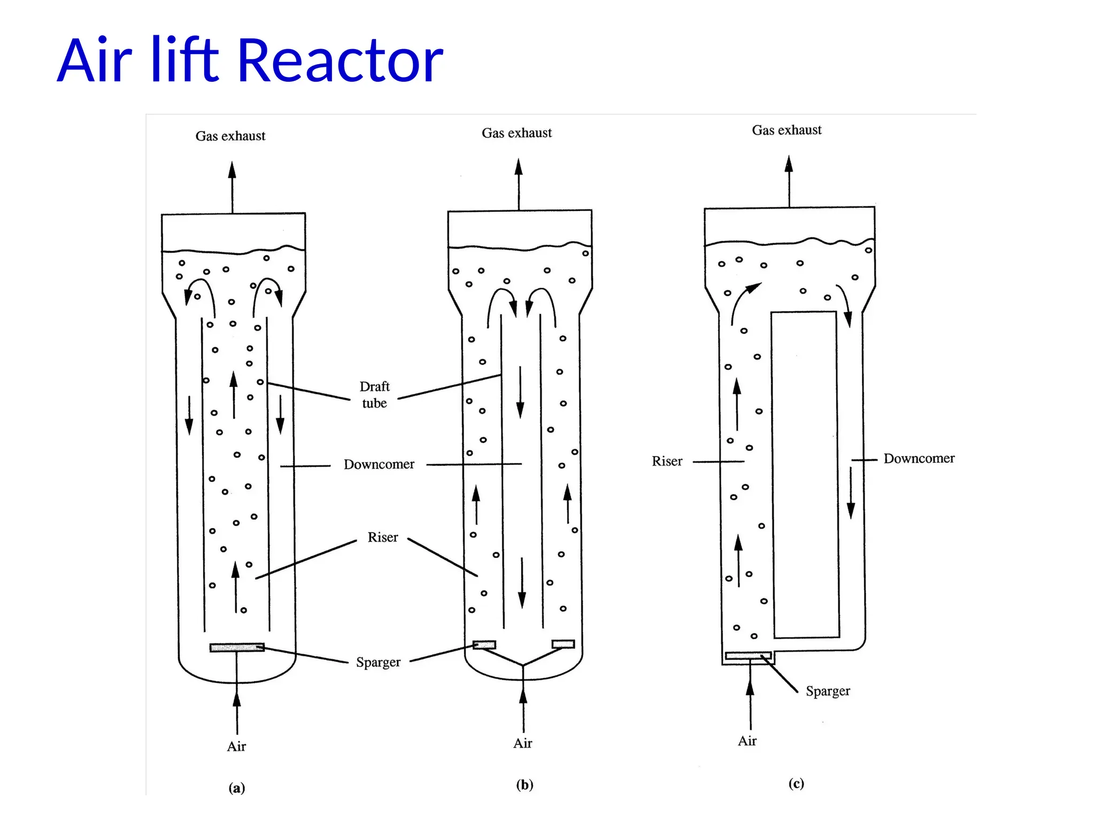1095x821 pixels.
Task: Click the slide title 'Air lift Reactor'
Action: click(x=250, y=60)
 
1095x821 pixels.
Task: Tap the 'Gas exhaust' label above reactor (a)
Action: click(x=230, y=136)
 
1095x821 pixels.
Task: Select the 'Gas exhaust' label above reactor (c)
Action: click(x=786, y=130)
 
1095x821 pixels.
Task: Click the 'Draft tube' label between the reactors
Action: click(x=374, y=394)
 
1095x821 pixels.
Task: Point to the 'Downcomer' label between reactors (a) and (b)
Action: click(x=379, y=464)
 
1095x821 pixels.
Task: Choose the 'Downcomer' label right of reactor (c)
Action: click(x=919, y=459)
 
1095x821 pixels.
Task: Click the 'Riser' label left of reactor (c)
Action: click(x=667, y=461)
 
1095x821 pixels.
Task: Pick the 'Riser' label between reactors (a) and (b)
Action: click(x=383, y=537)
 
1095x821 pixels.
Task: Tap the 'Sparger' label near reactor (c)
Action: click(x=828, y=691)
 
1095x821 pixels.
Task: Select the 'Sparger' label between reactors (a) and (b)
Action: click(x=378, y=662)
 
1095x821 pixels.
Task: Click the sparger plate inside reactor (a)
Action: click(x=237, y=648)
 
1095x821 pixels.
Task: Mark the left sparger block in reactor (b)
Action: click(x=484, y=645)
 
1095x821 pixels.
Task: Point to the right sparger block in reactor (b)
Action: click(x=563, y=644)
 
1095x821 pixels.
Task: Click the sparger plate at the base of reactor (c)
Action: click(x=748, y=655)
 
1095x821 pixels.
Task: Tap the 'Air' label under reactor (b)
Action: click(x=522, y=743)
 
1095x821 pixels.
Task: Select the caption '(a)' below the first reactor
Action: click(x=237, y=788)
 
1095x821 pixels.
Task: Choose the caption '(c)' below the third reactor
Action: click(x=796, y=784)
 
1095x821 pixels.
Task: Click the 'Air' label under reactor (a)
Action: click(x=236, y=747)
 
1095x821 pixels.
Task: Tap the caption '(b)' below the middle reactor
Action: click(x=525, y=785)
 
